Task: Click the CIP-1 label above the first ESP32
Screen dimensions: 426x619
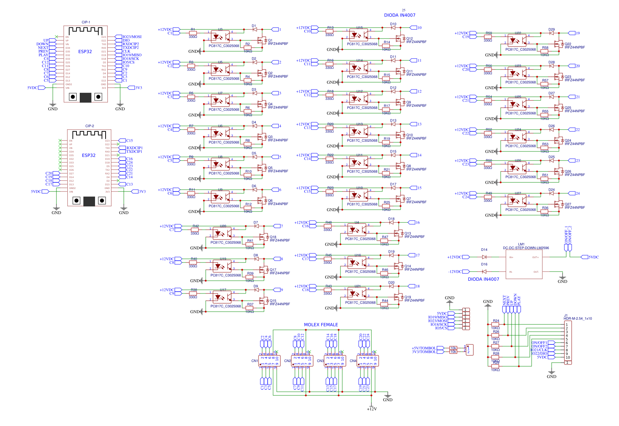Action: (x=86, y=22)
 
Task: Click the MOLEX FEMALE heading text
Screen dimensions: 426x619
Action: (x=321, y=325)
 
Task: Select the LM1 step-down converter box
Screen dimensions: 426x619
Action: (x=524, y=265)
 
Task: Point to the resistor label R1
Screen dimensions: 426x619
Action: (x=193, y=29)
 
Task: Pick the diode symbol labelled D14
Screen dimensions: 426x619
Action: (x=484, y=257)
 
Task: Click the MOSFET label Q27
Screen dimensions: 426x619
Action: (x=568, y=204)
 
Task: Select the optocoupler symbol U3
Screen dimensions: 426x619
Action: (x=221, y=37)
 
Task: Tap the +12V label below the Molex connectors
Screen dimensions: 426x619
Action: (x=372, y=409)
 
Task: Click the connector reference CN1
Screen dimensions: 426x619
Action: (x=255, y=361)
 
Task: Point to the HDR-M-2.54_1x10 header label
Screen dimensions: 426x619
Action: (x=577, y=319)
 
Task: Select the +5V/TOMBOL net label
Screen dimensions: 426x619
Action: (x=423, y=348)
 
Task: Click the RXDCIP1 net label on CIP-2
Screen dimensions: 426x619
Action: (x=134, y=148)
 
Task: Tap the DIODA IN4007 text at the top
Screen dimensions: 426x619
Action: (x=399, y=15)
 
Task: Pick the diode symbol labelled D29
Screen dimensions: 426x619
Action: (x=551, y=33)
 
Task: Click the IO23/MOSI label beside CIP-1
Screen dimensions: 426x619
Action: (x=132, y=37)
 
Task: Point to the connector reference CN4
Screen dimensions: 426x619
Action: (x=353, y=361)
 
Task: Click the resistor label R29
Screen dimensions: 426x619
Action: (x=496, y=363)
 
